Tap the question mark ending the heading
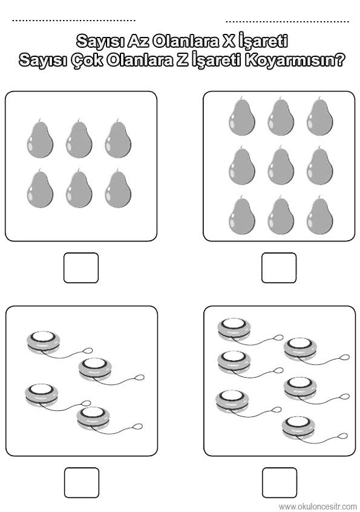pos(340,60)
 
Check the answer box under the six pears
pos(81,267)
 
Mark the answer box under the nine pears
pos(279,267)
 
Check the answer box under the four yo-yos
pos(82,482)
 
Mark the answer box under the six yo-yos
pos(280,482)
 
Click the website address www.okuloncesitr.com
pos(318,507)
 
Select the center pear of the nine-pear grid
pos(281,166)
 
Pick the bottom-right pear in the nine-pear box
pos(320,215)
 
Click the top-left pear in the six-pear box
pos(40,139)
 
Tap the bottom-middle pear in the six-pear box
pos(79,188)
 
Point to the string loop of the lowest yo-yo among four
pos(138,427)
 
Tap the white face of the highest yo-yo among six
pos(234,323)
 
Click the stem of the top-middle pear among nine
pos(280,98)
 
